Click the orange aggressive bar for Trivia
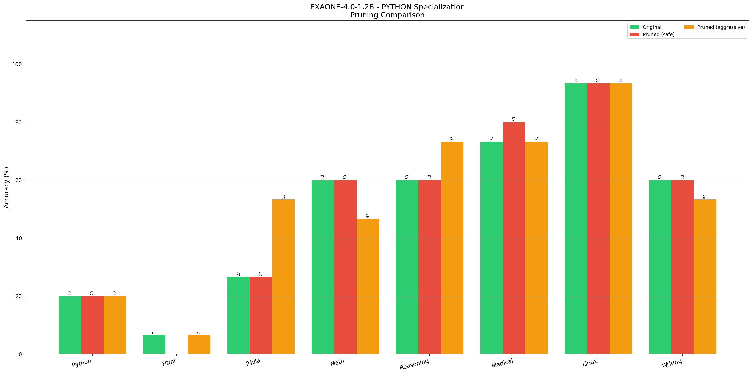pyautogui.click(x=283, y=276)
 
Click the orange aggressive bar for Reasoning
pyautogui.click(x=452, y=247)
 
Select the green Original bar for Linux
pyautogui.click(x=575, y=219)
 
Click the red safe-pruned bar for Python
pyautogui.click(x=92, y=325)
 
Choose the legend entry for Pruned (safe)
pyautogui.click(x=658, y=35)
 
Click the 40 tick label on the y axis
pyautogui.click(x=18, y=238)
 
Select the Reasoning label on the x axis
pyautogui.click(x=414, y=364)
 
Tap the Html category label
pyautogui.click(x=169, y=362)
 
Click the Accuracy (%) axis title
pyautogui.click(x=6, y=187)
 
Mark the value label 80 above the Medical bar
pyautogui.click(x=514, y=119)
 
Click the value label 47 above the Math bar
pyautogui.click(x=368, y=216)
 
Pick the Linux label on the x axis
pyautogui.click(x=590, y=363)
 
